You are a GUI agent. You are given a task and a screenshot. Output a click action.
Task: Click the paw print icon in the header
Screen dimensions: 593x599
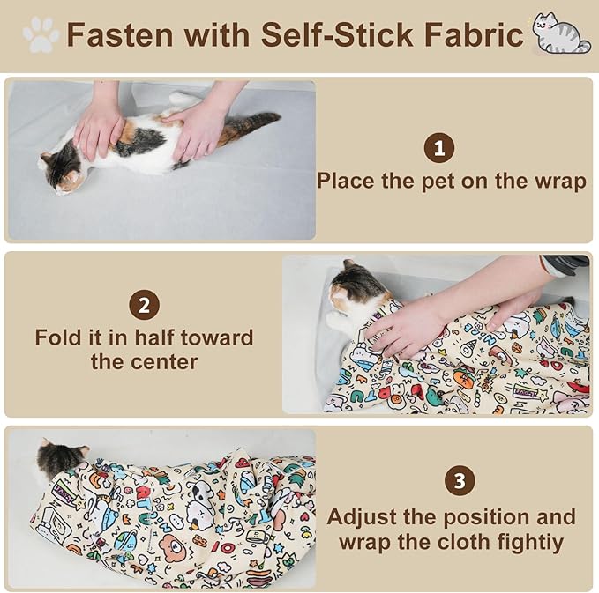coord(41,35)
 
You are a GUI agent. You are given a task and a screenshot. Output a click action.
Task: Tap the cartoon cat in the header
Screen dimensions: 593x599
coord(560,35)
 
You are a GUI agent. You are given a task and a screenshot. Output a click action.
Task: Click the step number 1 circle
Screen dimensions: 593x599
coord(439,148)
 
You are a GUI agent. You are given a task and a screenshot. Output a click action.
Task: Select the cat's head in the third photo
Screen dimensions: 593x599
coord(60,458)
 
